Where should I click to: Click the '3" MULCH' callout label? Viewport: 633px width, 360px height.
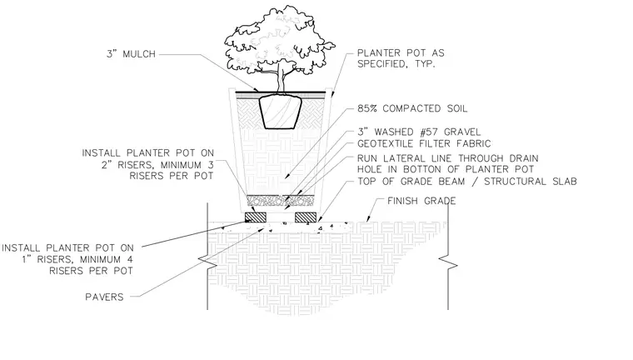point(132,53)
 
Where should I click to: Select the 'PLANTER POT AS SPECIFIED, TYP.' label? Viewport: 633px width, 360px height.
point(401,58)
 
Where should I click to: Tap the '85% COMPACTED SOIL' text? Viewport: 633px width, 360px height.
point(412,108)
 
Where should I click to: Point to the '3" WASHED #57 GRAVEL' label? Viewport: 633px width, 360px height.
point(419,132)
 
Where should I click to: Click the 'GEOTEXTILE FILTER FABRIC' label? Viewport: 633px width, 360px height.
point(424,143)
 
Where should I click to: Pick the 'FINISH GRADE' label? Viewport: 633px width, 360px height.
point(421,201)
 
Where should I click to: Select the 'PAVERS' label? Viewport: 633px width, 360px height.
point(104,297)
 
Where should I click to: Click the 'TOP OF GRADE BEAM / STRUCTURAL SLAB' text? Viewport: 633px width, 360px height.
point(467,182)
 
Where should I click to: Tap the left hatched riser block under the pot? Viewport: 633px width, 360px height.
point(256,217)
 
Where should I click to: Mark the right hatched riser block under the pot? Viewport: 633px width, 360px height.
point(306,217)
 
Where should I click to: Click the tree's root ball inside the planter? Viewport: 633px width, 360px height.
point(280,112)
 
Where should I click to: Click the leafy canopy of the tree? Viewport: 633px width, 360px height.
point(278,40)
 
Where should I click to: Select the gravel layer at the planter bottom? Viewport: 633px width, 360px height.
point(280,200)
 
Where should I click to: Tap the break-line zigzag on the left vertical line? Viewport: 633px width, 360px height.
point(207,262)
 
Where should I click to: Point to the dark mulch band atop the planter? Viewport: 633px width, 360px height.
point(280,93)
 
